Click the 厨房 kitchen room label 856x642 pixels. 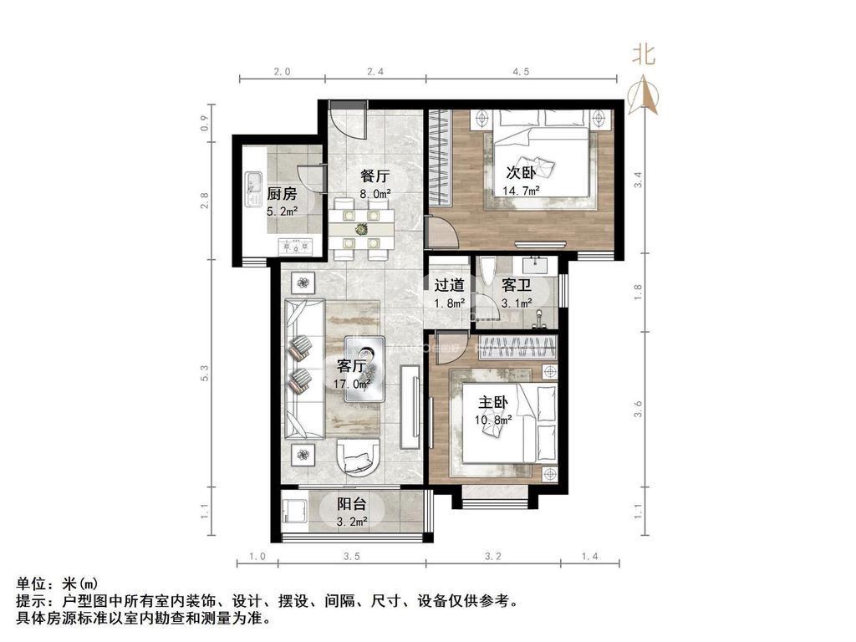[x=282, y=194]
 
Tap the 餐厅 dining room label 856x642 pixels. [x=375, y=176]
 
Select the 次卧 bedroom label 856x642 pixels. [x=521, y=173]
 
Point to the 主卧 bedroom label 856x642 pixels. [x=493, y=403]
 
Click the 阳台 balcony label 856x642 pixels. [x=352, y=504]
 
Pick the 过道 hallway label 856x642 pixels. [x=449, y=285]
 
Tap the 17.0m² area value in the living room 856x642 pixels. [x=352, y=385]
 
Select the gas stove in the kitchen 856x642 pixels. [x=297, y=247]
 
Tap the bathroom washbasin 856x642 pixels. [x=539, y=266]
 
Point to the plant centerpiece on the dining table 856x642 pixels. [x=361, y=229]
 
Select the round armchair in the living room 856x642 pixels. [x=358, y=456]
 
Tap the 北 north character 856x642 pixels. [x=643, y=54]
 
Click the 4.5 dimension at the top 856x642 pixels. [x=522, y=72]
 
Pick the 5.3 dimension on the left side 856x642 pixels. [x=205, y=374]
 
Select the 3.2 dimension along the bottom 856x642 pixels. [x=493, y=556]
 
